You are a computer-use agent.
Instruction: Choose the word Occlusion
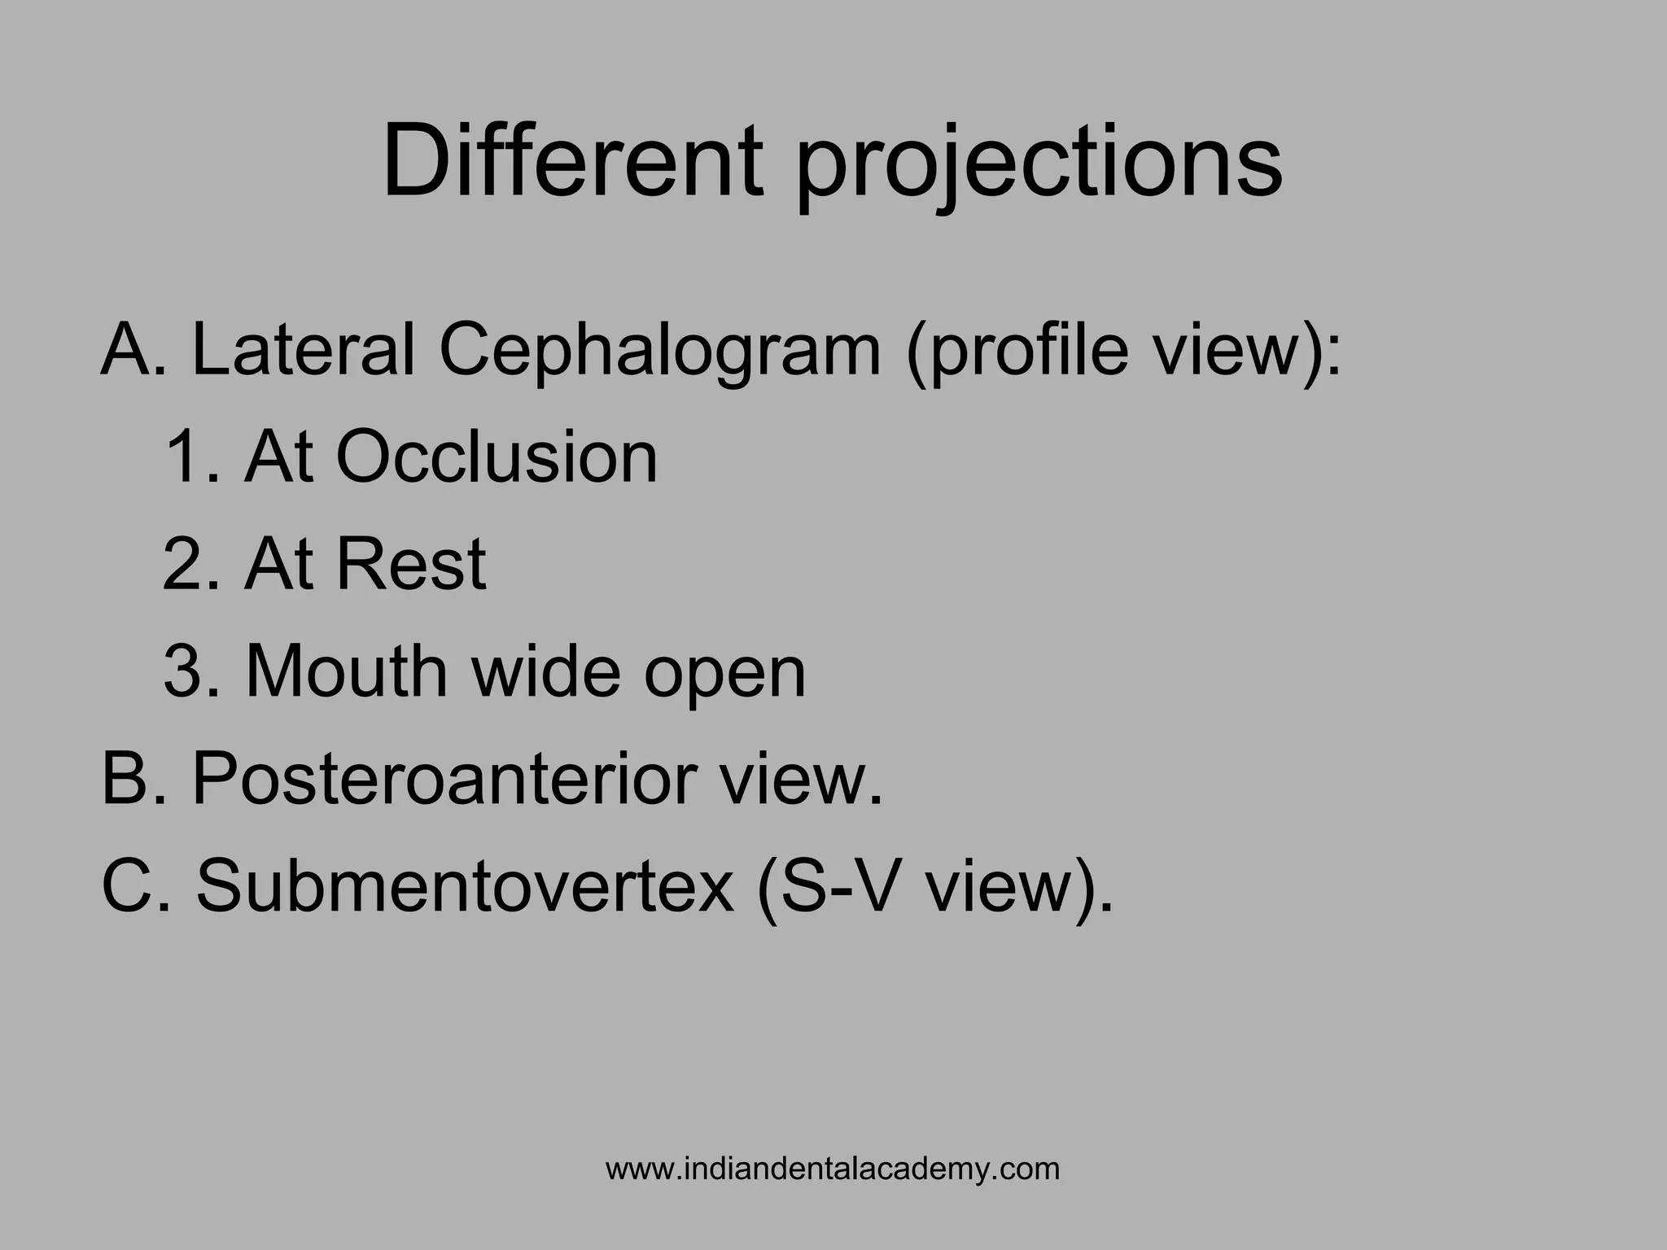[x=497, y=457]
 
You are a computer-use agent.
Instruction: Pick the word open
[x=724, y=675]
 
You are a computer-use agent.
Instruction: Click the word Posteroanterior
[x=444, y=778]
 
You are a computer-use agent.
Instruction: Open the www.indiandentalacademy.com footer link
[x=833, y=1169]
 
